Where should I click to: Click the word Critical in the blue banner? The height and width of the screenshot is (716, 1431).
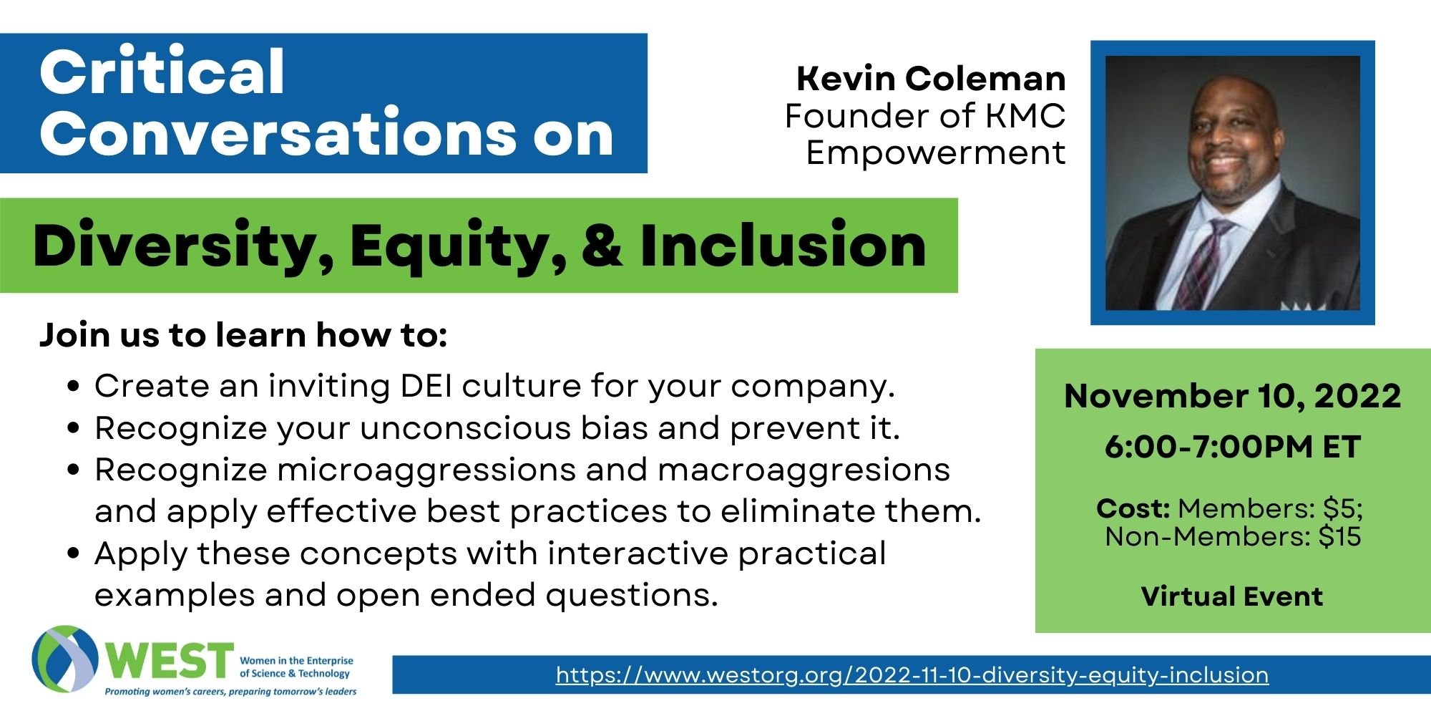(162, 72)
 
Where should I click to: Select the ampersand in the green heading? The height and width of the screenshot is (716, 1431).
(602, 246)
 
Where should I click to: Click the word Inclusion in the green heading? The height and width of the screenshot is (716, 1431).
(783, 246)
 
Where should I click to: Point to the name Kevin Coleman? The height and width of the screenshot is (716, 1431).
(932, 78)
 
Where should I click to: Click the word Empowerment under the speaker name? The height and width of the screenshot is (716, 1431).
(936, 153)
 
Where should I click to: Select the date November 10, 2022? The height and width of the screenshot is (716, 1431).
(1232, 396)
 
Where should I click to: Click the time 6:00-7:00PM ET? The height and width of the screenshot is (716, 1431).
(1232, 447)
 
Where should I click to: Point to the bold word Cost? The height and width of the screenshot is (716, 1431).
(1133, 508)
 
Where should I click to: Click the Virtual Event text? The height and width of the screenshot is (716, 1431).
(1232, 596)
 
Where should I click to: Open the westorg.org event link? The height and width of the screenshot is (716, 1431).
(912, 674)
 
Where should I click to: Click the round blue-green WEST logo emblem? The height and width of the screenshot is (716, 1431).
(65, 659)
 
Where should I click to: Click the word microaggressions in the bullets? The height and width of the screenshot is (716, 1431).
(426, 470)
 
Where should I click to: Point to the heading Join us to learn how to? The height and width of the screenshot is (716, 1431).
(243, 335)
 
